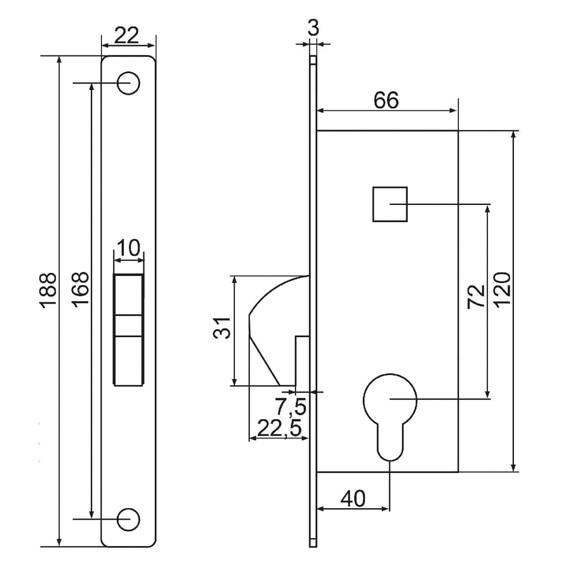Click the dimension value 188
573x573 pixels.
click(48, 291)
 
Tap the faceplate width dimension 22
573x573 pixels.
click(128, 36)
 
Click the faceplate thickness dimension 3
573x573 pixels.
click(313, 28)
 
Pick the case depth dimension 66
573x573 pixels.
click(386, 100)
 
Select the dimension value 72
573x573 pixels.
click(476, 296)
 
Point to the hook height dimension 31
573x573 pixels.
click(222, 328)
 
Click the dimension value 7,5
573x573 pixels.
click(291, 407)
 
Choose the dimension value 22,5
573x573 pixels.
click(279, 428)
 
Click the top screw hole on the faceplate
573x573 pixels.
click(129, 83)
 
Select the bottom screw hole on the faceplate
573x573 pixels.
click(129, 519)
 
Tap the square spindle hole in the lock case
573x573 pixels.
click(390, 204)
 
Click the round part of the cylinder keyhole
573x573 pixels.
click(390, 400)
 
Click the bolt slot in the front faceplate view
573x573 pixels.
click(129, 329)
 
